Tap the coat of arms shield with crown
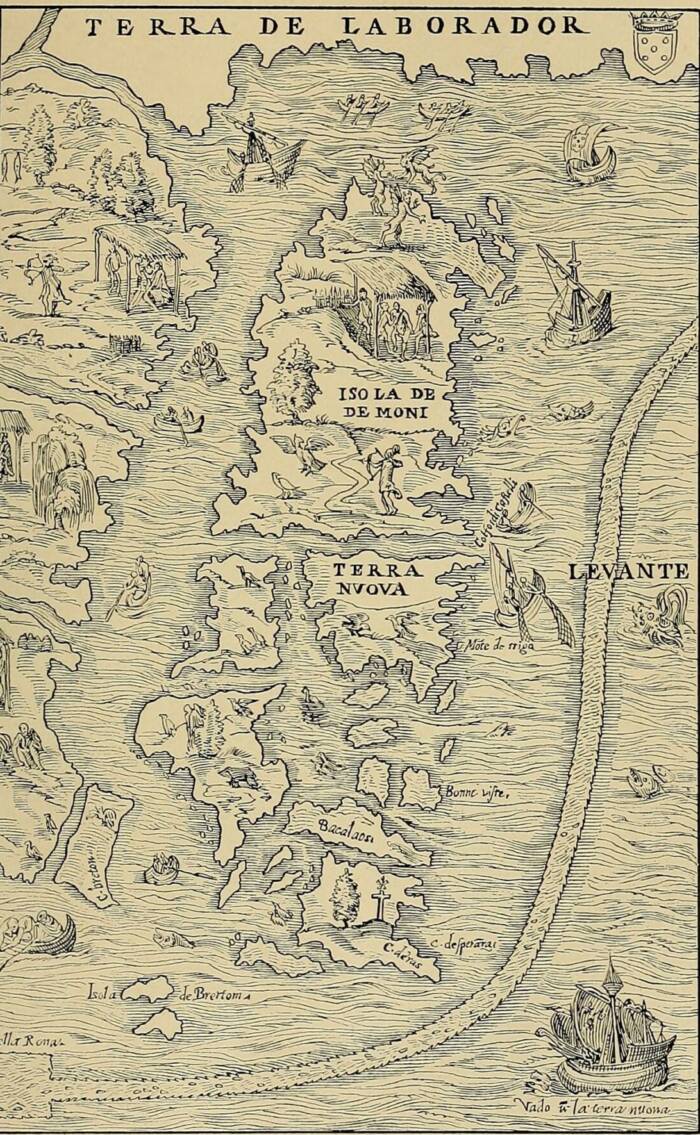click(655, 45)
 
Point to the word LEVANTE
click(627, 572)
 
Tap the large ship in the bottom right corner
click(607, 1030)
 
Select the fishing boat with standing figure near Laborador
click(262, 150)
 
